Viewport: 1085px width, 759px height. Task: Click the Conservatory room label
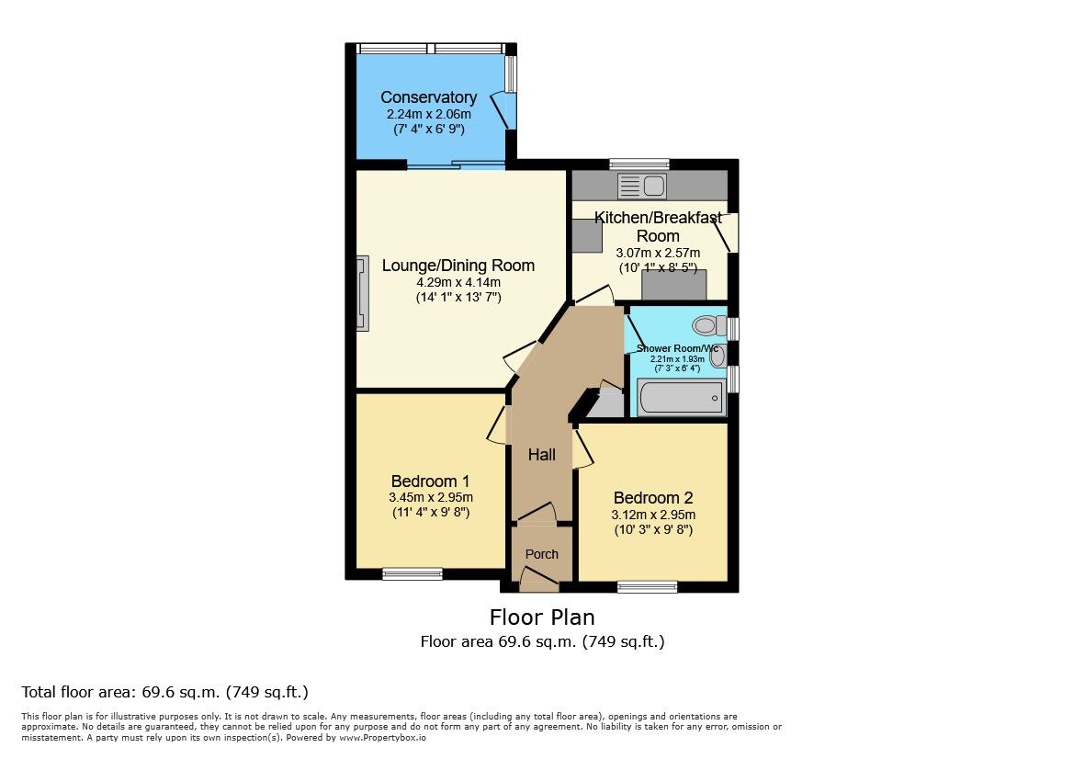pyautogui.click(x=428, y=97)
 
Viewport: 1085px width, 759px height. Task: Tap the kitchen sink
pyautogui.click(x=642, y=187)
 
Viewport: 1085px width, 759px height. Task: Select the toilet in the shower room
pyautogui.click(x=707, y=325)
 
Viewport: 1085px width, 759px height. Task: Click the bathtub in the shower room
pyautogui.click(x=679, y=399)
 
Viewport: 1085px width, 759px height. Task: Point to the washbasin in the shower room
pyautogui.click(x=718, y=357)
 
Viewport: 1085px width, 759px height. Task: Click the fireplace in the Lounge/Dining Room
pyautogui.click(x=364, y=292)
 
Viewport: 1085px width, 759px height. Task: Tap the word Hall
pyautogui.click(x=541, y=455)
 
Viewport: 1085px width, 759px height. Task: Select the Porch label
pyautogui.click(x=541, y=554)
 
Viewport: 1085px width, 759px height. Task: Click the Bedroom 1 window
pyautogui.click(x=413, y=574)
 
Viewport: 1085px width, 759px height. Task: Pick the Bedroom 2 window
pyautogui.click(x=648, y=586)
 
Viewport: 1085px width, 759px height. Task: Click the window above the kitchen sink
pyautogui.click(x=639, y=164)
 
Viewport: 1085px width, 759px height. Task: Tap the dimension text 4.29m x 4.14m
pyautogui.click(x=458, y=282)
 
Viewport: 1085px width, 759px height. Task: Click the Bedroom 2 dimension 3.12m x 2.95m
pyautogui.click(x=653, y=515)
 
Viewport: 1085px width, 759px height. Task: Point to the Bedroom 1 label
pyautogui.click(x=430, y=481)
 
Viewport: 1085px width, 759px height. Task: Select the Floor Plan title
pyautogui.click(x=542, y=617)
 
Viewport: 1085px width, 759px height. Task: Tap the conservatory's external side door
pyautogui.click(x=504, y=109)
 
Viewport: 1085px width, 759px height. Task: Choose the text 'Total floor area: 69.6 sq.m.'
pyautogui.click(x=117, y=692)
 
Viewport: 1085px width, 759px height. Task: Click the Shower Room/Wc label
pyautogui.click(x=676, y=348)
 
